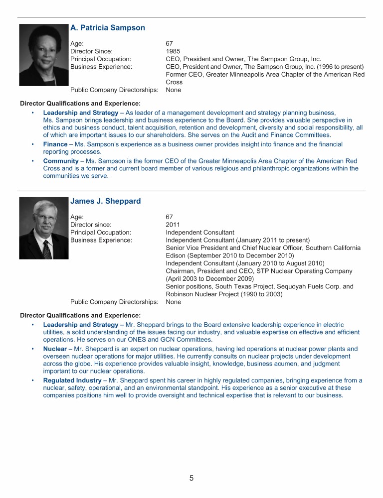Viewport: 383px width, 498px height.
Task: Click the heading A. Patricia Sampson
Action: (x=108, y=28)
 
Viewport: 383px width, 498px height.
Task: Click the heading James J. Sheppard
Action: (x=105, y=201)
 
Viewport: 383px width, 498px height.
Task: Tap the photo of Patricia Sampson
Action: (x=44, y=55)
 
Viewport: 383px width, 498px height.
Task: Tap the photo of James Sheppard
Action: (x=43, y=228)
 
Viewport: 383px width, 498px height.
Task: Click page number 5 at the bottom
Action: (x=191, y=479)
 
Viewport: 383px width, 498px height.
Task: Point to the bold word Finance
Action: (x=55, y=144)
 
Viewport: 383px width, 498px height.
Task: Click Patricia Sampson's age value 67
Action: (x=170, y=43)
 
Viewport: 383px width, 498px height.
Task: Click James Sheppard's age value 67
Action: (x=170, y=217)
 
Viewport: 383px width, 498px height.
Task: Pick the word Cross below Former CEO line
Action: (x=174, y=82)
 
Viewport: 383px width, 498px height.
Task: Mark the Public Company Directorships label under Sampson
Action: (x=114, y=90)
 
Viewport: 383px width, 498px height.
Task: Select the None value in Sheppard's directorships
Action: (x=174, y=302)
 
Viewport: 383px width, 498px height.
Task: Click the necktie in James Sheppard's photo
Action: (x=46, y=249)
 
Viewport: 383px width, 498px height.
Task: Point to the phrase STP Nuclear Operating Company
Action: (x=305, y=271)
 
